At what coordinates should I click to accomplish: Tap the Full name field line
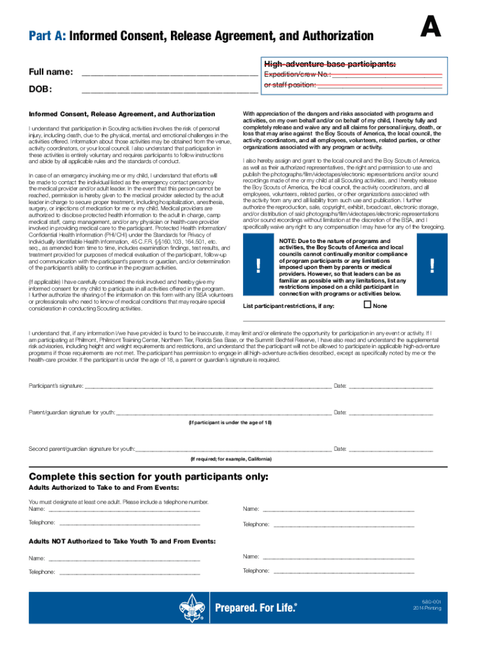click(169, 75)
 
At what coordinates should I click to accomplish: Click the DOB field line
click(169, 92)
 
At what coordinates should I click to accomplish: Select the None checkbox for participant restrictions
click(367, 305)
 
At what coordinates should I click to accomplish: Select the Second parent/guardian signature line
click(233, 450)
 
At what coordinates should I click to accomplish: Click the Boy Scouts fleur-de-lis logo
click(192, 607)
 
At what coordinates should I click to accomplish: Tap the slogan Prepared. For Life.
click(256, 608)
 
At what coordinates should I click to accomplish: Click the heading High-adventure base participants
click(330, 64)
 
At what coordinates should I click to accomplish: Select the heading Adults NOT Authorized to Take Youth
click(122, 541)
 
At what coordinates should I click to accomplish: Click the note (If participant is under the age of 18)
click(230, 423)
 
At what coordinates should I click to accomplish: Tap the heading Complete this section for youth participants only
click(149, 477)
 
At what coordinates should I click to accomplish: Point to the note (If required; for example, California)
click(230, 459)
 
